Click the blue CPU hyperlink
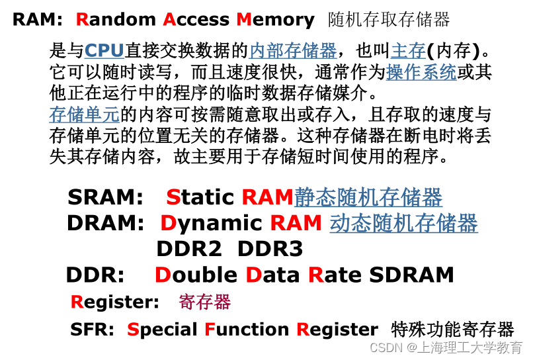tap(104, 50)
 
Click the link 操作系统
tap(421, 72)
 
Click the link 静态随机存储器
tap(368, 197)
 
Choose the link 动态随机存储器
tap(403, 223)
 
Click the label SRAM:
tap(105, 197)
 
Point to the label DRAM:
tap(105, 224)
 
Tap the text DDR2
tap(192, 249)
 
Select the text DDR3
tap(270, 249)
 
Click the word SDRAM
tap(411, 275)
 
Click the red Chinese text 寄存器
tap(204, 302)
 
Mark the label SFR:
tap(93, 329)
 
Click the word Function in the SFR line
tap(247, 329)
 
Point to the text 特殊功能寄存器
tap(452, 329)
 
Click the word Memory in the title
tap(275, 20)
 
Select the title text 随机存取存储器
tap(389, 20)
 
